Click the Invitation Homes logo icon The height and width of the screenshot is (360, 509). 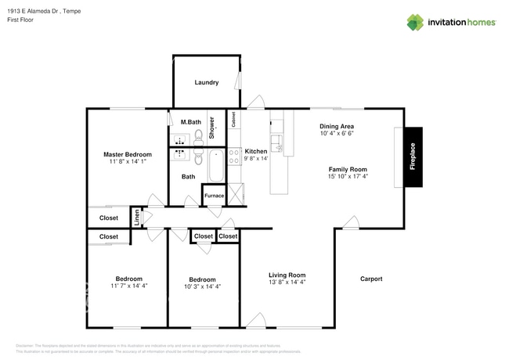(415, 22)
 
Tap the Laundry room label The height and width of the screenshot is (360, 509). (207, 82)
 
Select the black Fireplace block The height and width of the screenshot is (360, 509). (413, 156)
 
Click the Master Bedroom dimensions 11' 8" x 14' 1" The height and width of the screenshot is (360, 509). (128, 163)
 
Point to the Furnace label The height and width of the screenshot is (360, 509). (214, 195)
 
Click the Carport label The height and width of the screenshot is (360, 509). (370, 279)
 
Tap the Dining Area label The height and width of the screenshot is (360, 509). (337, 126)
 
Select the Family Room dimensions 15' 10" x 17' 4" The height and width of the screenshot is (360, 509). (347, 177)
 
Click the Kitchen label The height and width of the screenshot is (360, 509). (255, 151)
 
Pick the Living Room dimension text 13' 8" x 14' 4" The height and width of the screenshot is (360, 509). (287, 283)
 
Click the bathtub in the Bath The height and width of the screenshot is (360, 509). (215, 165)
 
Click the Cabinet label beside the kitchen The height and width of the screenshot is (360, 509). (233, 119)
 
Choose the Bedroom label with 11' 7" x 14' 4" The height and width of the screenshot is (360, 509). (129, 279)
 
